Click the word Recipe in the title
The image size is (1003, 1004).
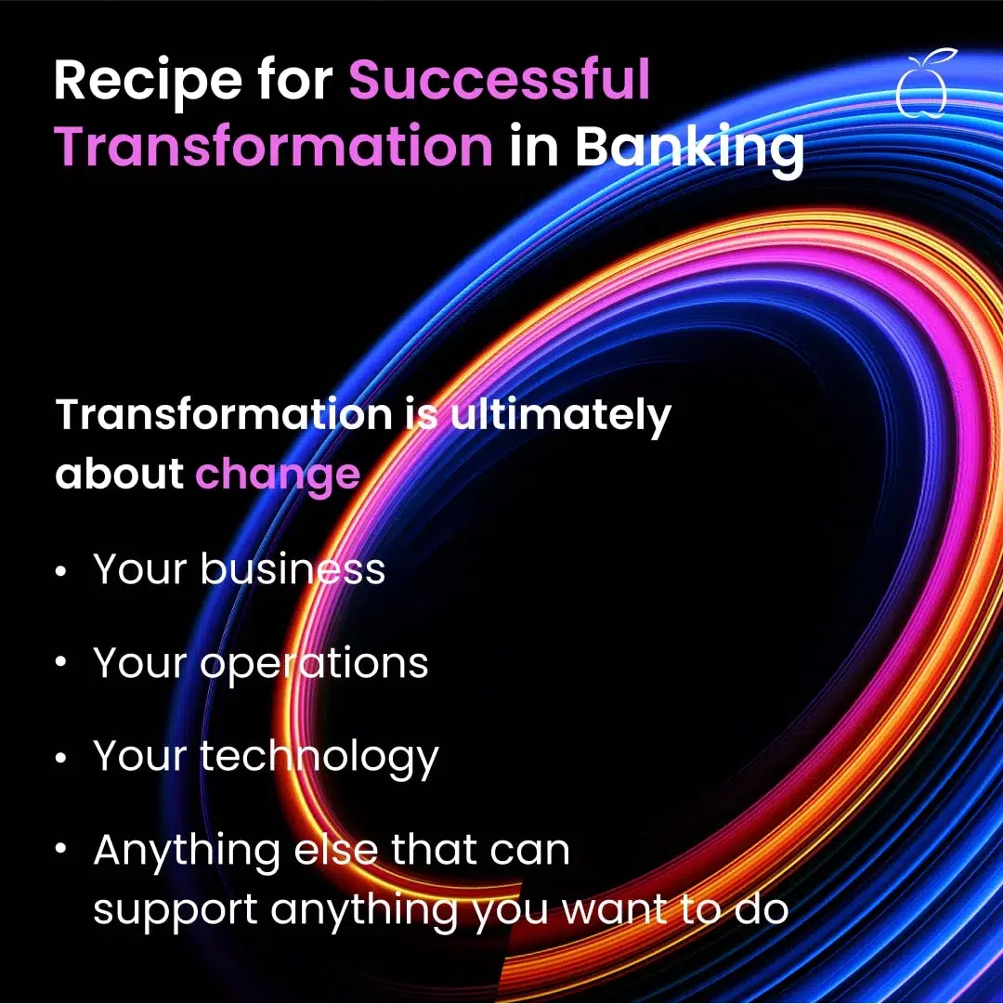pos(149,82)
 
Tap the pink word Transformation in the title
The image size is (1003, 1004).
pos(274,146)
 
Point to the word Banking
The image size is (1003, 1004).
pos(689,150)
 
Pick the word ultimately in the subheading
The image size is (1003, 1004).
pos(561,416)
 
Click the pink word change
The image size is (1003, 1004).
pos(278,476)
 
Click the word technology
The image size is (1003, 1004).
pos(319,758)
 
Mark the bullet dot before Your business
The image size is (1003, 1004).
pos(60,571)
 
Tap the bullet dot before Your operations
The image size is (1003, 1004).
pos(60,662)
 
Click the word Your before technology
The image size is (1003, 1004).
pos(140,756)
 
